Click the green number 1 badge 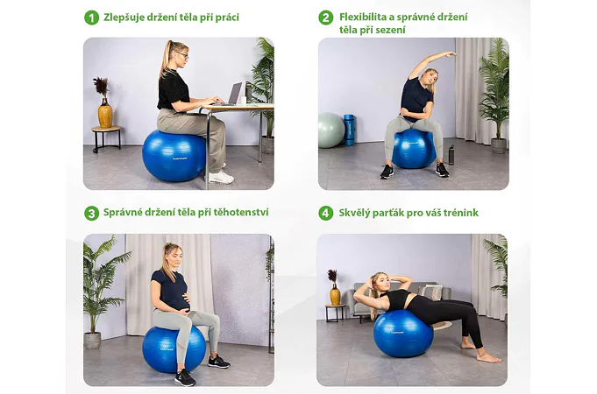[x=91, y=18]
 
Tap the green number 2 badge [x=325, y=18]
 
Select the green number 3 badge [x=91, y=214]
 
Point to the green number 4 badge [x=325, y=214]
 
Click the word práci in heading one [x=227, y=18]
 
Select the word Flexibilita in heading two [x=365, y=17]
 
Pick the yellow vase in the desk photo [x=105, y=113]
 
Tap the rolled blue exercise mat [x=349, y=130]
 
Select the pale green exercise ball [x=330, y=130]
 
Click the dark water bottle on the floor [x=451, y=154]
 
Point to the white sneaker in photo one [x=220, y=177]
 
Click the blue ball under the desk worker [x=174, y=156]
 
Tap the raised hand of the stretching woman [x=451, y=54]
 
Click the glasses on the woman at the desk [x=183, y=55]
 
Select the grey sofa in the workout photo [x=396, y=299]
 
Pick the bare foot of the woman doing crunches [x=488, y=357]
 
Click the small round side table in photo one [x=107, y=137]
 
